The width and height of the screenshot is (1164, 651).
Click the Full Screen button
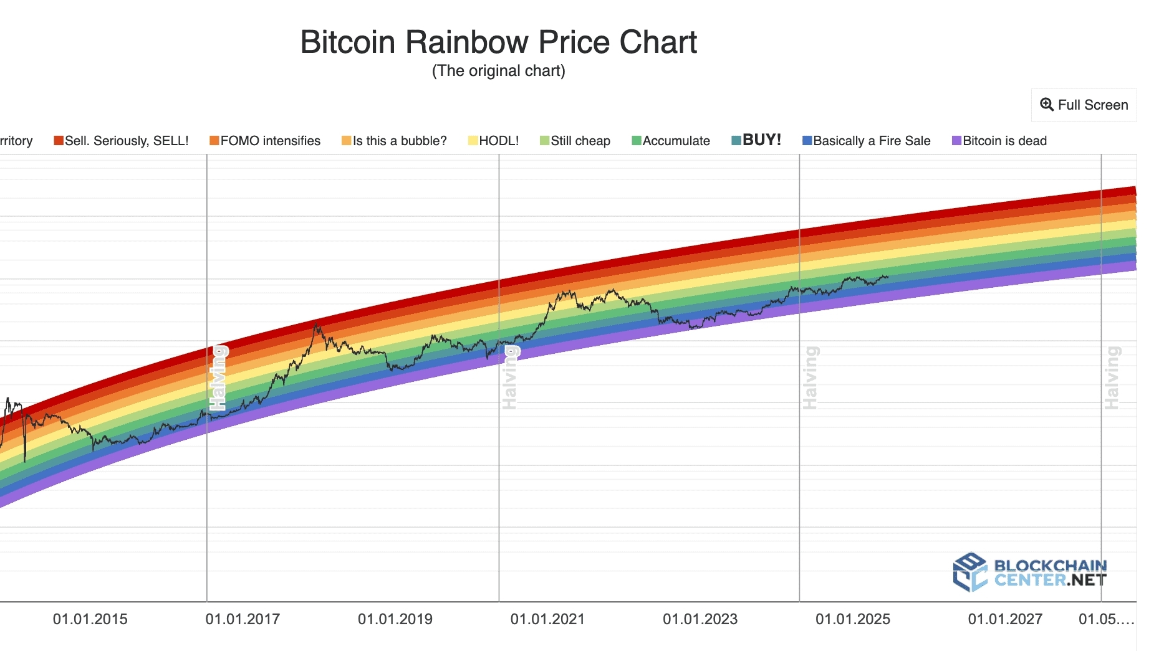(1084, 105)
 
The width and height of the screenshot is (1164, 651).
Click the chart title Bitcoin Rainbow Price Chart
(498, 42)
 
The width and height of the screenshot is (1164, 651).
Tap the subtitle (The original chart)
(498, 71)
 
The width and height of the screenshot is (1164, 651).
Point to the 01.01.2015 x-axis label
(90, 619)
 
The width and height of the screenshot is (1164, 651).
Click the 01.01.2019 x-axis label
(395, 619)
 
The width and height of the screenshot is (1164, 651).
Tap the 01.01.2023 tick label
(700, 619)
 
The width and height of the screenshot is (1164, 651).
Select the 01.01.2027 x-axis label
(1005, 619)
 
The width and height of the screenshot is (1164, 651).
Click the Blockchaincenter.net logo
(1030, 572)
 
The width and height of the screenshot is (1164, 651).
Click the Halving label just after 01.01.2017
(218, 378)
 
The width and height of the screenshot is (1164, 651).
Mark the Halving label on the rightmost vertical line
(1112, 378)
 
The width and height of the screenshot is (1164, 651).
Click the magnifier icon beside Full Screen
(1047, 105)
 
